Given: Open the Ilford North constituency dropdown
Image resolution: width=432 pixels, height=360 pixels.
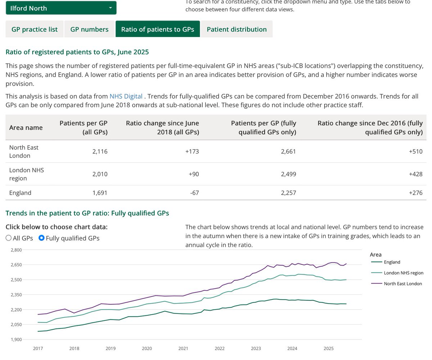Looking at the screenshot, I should coord(61,8).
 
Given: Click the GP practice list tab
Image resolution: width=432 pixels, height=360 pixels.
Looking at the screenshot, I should coord(35,29).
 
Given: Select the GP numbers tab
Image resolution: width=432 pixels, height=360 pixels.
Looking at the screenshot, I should coord(89,29).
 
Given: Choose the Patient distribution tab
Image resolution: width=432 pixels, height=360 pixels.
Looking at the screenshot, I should coord(237,29).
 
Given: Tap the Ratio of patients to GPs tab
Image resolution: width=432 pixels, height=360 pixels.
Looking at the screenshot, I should coord(157,29).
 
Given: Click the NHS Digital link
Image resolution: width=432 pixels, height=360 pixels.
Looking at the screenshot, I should coord(126,96).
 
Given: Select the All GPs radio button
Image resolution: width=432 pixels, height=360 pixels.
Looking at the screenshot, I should coord(9,238).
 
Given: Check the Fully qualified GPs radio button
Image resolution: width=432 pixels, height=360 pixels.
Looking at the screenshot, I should coord(41,238).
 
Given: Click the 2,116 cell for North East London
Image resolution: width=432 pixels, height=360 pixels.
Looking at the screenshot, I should coord(100,152).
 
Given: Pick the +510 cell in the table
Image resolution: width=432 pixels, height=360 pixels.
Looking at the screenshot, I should coord(415,152).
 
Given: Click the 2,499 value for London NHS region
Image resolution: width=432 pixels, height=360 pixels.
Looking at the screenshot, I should coord(288,174).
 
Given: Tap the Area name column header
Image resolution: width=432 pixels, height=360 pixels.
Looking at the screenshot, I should coord(26,127).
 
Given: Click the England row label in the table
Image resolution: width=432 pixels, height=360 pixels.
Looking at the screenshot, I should coord(20,193).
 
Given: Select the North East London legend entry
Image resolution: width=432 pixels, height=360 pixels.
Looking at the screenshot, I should coord(402,284).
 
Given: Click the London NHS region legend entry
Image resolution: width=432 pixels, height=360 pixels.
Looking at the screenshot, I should coord(403,273).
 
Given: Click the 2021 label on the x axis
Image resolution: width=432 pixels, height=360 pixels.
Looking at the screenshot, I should coord(183,348).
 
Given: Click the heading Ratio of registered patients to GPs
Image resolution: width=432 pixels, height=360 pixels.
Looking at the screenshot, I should coord(77,52).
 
